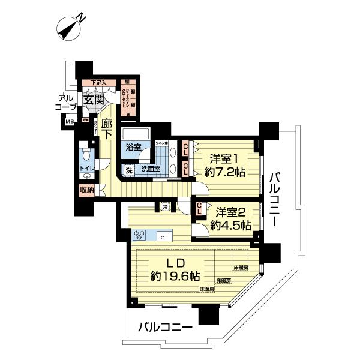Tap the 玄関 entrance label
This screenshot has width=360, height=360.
pos(94,100)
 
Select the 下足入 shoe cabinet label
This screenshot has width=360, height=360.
pos(98,83)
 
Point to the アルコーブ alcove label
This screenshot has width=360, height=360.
pos(65,102)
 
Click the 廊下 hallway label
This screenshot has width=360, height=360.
pos(107,128)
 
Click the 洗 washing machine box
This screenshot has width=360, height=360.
pos(128,170)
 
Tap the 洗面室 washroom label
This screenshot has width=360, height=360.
pos(150,170)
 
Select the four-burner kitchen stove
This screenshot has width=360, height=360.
pos(142,235)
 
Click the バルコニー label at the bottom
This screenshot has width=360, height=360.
pos(165,328)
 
